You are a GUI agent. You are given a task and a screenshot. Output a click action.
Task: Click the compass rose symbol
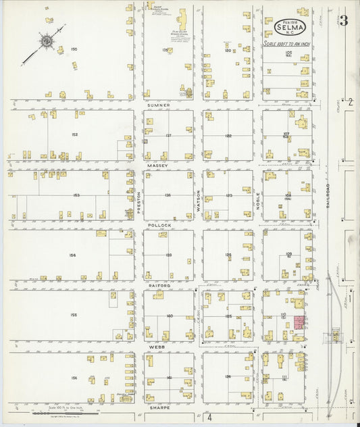[x=46, y=41]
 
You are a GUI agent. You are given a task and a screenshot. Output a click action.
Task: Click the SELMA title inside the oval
[x=290, y=28]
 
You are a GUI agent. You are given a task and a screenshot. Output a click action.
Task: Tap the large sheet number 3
[x=344, y=22]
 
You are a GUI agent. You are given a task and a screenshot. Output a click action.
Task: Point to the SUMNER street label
[x=159, y=106]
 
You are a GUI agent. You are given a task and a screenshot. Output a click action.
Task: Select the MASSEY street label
[x=158, y=165]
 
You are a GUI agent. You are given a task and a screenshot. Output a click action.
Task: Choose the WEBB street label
[x=159, y=347]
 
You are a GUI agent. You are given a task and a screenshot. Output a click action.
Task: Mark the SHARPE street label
[x=160, y=408]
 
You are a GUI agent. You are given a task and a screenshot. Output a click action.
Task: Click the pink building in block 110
[x=298, y=322]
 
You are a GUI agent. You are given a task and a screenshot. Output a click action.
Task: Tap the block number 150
[x=74, y=49]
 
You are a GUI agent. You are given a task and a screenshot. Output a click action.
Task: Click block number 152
[x=74, y=134]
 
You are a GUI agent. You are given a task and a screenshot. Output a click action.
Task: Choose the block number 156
[x=74, y=378]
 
